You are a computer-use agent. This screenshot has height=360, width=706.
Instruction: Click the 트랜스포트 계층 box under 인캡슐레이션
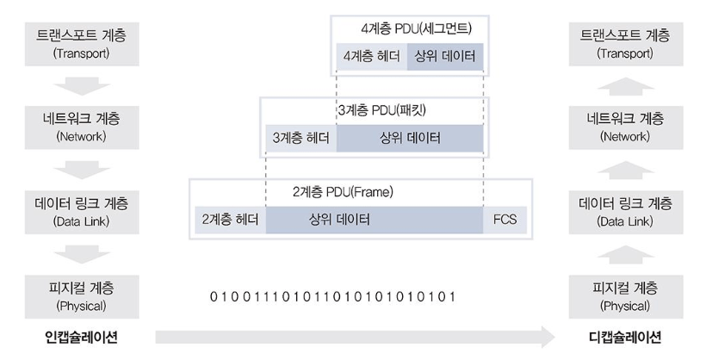coord(80,46)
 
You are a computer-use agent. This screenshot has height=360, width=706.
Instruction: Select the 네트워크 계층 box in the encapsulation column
coord(80,126)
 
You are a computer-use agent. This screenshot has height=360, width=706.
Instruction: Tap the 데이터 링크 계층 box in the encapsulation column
coord(80,211)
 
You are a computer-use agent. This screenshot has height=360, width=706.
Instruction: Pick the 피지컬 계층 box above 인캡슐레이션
coord(80,295)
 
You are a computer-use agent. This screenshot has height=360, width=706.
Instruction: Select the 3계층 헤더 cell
coord(300,138)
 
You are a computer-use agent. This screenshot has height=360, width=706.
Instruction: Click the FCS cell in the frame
coord(504,219)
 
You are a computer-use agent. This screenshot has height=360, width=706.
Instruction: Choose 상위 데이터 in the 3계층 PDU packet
coord(410,138)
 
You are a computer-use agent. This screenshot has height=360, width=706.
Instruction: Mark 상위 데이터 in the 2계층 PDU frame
coord(375,219)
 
